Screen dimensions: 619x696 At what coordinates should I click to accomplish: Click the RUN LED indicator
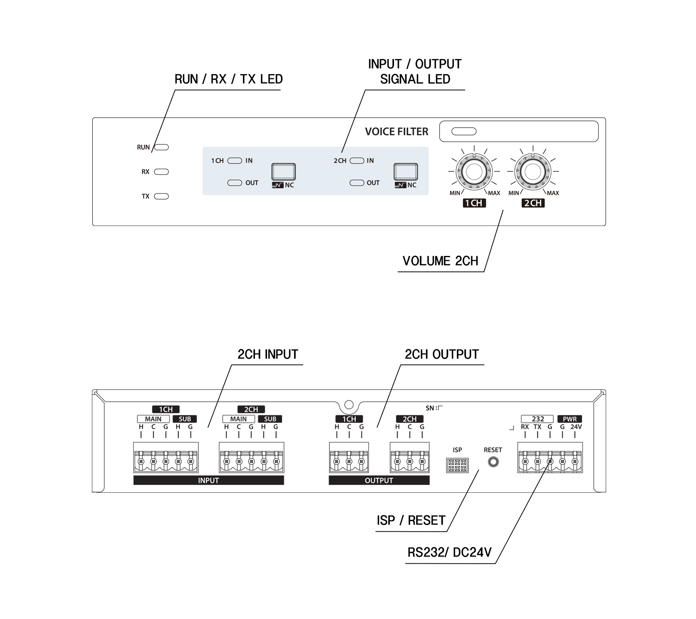[x=162, y=147]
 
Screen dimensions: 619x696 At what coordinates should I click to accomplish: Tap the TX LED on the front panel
[x=162, y=196]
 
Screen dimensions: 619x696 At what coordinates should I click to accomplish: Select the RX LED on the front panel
[x=162, y=172]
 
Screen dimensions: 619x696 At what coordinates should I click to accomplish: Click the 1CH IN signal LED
[x=235, y=161]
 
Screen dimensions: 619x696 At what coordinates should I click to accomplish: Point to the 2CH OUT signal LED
[x=357, y=183]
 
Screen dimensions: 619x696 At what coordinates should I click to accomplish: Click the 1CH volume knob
[x=474, y=172]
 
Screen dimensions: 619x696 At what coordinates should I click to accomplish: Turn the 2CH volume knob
[x=533, y=172]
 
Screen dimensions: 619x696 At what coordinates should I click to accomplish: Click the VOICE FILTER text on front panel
[x=397, y=131]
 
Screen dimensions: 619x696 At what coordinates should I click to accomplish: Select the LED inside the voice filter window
[x=464, y=131]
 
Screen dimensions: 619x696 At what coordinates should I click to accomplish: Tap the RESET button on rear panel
[x=493, y=462]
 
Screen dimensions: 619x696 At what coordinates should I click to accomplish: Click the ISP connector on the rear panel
[x=457, y=465]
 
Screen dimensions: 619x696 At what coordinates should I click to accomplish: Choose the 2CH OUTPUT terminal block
[x=410, y=458]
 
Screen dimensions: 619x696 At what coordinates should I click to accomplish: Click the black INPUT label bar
[x=209, y=480]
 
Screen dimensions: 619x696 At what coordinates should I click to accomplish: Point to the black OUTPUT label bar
[x=379, y=480]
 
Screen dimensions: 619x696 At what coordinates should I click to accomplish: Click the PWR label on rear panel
[x=569, y=419]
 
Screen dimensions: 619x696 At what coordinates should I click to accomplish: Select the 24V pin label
[x=576, y=427]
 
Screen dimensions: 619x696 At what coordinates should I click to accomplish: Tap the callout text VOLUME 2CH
[x=440, y=261]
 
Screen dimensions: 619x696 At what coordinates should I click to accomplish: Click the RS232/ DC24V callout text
[x=450, y=552]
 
